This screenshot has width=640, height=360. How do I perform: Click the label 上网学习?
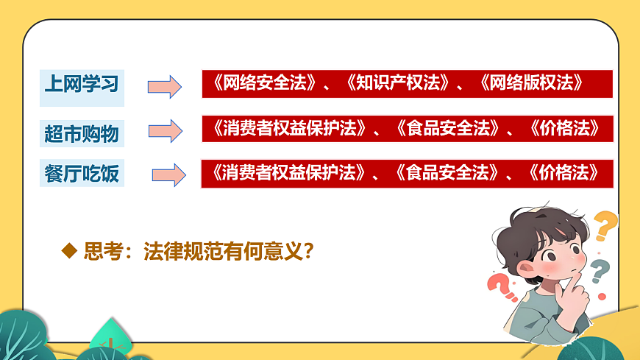(x=81, y=83)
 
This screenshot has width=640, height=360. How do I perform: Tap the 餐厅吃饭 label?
(x=81, y=175)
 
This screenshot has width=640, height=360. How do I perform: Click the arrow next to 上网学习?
(x=164, y=86)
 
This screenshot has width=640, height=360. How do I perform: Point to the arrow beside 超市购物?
(x=165, y=131)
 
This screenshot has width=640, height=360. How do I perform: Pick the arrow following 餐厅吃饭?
(x=168, y=175)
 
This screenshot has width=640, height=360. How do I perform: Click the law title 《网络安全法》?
(x=266, y=83)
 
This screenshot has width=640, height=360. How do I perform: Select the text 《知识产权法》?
(x=397, y=83)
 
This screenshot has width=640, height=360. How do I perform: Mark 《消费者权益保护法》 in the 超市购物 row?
(x=290, y=129)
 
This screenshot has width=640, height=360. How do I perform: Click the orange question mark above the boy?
(x=605, y=225)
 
